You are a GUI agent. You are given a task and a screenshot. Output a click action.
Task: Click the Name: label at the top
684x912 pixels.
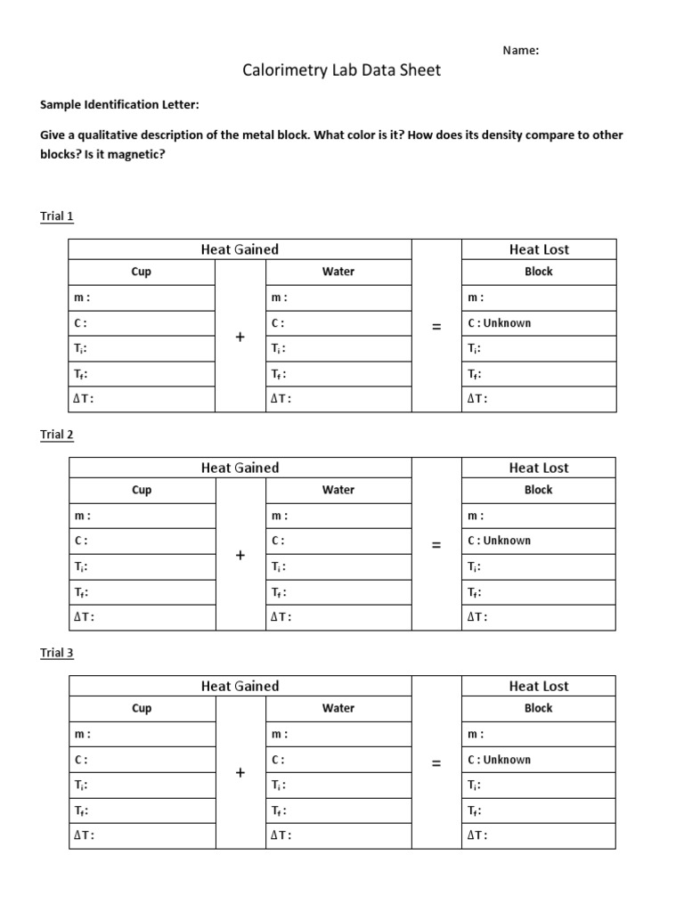(x=521, y=51)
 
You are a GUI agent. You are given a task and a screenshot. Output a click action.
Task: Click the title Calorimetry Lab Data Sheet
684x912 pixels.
(x=341, y=70)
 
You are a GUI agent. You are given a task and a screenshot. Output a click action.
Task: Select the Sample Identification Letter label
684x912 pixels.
(x=120, y=105)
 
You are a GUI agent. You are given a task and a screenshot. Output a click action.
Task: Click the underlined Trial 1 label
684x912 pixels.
(x=57, y=216)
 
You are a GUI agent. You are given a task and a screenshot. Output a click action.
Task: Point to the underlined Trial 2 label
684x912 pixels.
(x=57, y=435)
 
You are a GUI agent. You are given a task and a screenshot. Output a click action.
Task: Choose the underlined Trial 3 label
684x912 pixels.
(x=57, y=653)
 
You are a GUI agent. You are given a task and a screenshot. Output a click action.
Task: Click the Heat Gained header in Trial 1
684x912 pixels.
(x=240, y=249)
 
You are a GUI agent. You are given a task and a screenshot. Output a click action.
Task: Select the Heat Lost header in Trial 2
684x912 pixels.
(x=538, y=468)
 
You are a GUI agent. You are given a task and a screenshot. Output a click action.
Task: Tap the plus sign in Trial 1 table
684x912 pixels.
(x=240, y=337)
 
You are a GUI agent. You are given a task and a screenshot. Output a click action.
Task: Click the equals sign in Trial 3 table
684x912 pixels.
(x=436, y=763)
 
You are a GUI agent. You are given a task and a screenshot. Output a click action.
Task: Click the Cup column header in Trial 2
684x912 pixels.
(x=142, y=490)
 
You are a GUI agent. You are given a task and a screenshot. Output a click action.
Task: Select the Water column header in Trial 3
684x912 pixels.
(x=338, y=708)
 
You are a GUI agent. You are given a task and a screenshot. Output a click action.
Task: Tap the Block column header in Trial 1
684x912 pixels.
(x=538, y=272)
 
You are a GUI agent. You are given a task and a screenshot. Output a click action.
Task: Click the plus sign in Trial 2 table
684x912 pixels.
(x=240, y=555)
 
